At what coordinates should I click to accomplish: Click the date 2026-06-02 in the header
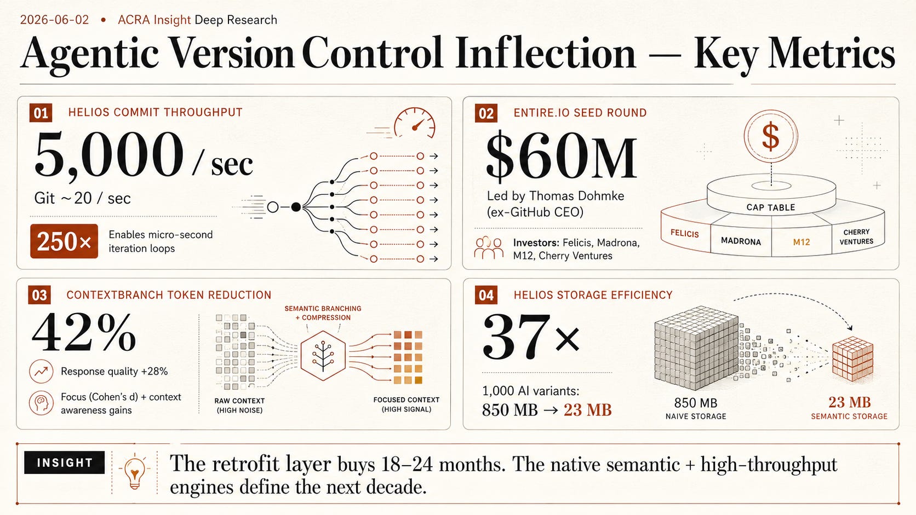point(54,20)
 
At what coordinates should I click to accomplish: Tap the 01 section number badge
point(41,113)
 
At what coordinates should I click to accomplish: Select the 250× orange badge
point(64,241)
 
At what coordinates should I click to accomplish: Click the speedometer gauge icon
point(414,123)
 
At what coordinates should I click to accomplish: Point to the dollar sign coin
point(771,136)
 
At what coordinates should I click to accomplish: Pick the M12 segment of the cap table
point(801,242)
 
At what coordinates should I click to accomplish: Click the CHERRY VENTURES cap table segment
point(856,236)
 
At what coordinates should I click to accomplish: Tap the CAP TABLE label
point(771,207)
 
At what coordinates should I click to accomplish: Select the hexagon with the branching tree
point(323,355)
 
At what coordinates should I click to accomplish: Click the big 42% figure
point(84,332)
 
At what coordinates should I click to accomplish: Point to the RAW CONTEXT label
point(239,406)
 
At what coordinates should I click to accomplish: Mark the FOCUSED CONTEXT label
point(407,404)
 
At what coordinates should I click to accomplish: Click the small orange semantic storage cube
point(852,358)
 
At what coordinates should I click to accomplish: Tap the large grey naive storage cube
point(696,348)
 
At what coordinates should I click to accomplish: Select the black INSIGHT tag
point(64,462)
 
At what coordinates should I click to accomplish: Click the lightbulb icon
point(135,473)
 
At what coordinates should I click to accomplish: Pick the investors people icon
point(489,247)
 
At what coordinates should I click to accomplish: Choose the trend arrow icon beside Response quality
point(41,371)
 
